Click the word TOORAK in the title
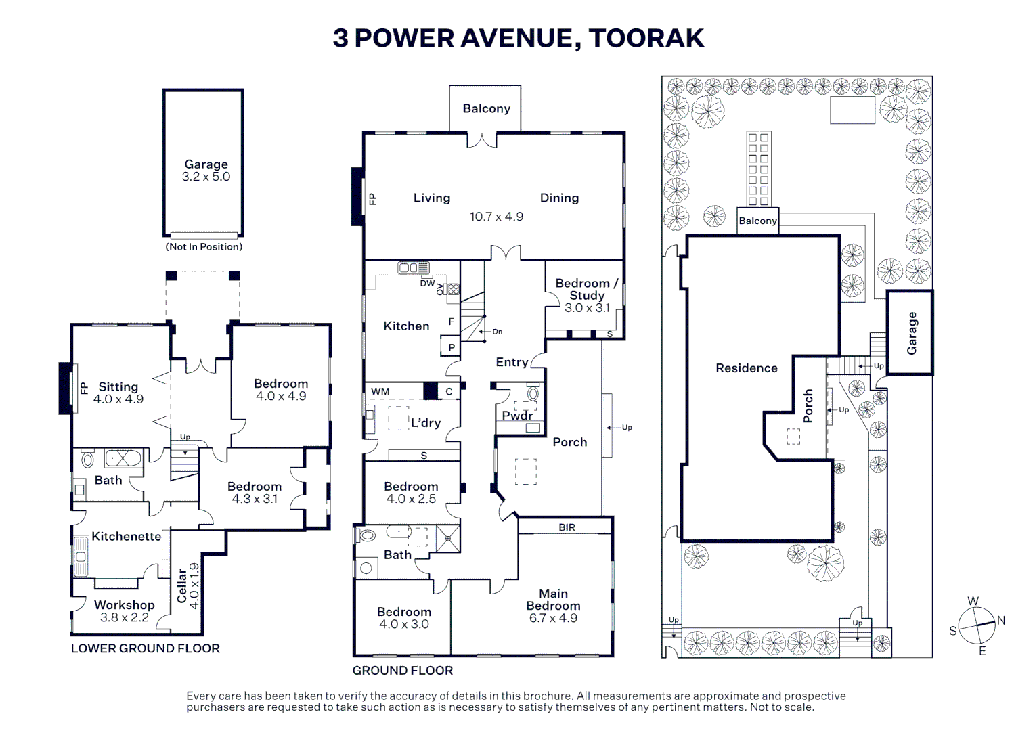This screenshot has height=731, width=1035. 647,38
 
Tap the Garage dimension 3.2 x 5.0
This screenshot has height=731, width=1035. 206,177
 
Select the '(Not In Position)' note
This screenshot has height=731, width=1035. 204,247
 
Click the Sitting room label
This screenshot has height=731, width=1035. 118,386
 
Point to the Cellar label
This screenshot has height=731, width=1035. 182,586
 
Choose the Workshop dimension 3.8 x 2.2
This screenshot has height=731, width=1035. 125,617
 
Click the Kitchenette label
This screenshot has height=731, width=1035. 126,537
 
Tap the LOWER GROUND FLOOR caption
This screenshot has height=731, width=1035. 145,648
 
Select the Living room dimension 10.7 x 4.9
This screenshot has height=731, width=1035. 497,216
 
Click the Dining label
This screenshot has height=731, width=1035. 560,198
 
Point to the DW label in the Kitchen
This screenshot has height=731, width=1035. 427,283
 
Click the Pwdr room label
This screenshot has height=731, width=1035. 517,416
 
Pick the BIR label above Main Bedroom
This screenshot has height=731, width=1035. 567,527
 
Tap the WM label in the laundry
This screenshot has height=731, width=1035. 380,391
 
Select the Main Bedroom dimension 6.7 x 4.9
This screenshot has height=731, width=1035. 554,618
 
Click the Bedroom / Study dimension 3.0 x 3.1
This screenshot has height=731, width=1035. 588,308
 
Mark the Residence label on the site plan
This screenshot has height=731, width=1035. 747,368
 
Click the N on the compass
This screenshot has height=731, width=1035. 1000,621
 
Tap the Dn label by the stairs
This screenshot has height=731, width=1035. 497,331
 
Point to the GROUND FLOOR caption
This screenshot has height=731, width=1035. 403,671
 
